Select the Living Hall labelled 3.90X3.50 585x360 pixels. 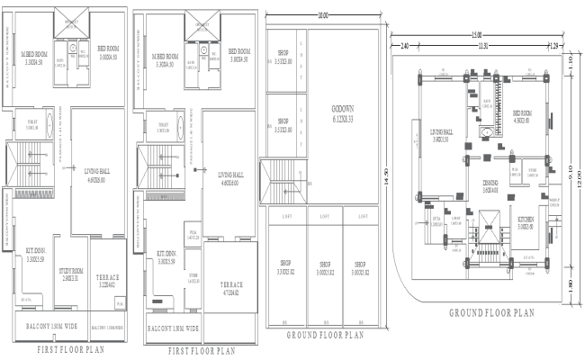[441, 137]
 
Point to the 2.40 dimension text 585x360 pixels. [405, 45]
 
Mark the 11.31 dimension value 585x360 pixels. [482, 45]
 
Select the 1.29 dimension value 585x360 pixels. [554, 45]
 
